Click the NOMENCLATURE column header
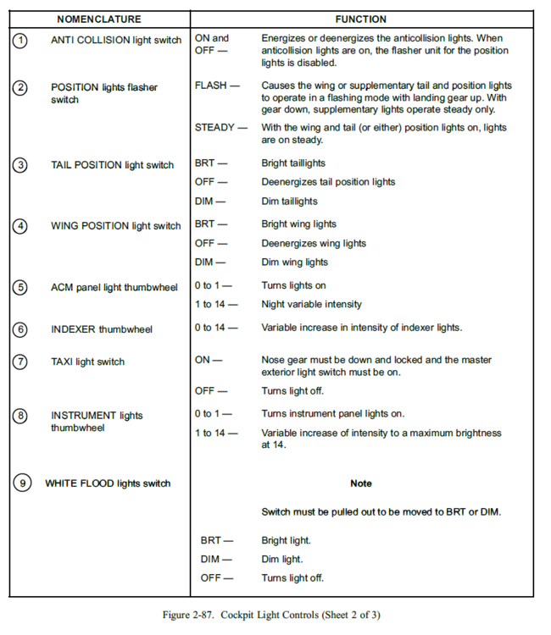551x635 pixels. [99, 19]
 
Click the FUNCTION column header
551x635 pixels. [360, 19]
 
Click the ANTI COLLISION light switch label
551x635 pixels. [116, 40]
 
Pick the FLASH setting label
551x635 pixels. [217, 86]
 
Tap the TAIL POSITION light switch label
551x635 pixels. [112, 165]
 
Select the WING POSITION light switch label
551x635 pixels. [115, 226]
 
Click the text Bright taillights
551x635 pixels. [293, 163]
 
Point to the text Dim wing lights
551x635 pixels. [294, 262]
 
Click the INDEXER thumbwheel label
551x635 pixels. [102, 329]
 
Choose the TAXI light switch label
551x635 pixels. [87, 362]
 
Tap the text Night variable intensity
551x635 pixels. [311, 304]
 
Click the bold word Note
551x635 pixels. [361, 483]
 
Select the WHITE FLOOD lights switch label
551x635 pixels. [108, 483]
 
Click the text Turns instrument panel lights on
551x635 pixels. [333, 414]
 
